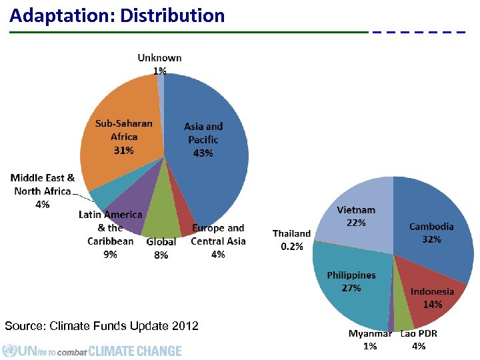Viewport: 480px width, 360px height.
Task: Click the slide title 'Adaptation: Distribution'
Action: (x=117, y=15)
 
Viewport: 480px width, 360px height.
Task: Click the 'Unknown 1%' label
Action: (x=159, y=64)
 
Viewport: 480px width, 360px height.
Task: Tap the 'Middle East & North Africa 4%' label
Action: (x=42, y=191)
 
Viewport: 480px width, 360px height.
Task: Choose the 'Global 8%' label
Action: (x=161, y=248)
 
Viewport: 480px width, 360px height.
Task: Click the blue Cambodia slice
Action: (x=433, y=220)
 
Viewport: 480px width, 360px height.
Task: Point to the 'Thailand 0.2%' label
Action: (x=291, y=240)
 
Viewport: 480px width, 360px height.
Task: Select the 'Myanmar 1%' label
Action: (x=370, y=339)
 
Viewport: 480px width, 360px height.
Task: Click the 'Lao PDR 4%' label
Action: (x=419, y=339)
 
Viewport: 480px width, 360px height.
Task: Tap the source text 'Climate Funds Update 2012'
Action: (x=101, y=326)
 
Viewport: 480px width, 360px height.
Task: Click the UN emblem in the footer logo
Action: (x=9, y=351)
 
